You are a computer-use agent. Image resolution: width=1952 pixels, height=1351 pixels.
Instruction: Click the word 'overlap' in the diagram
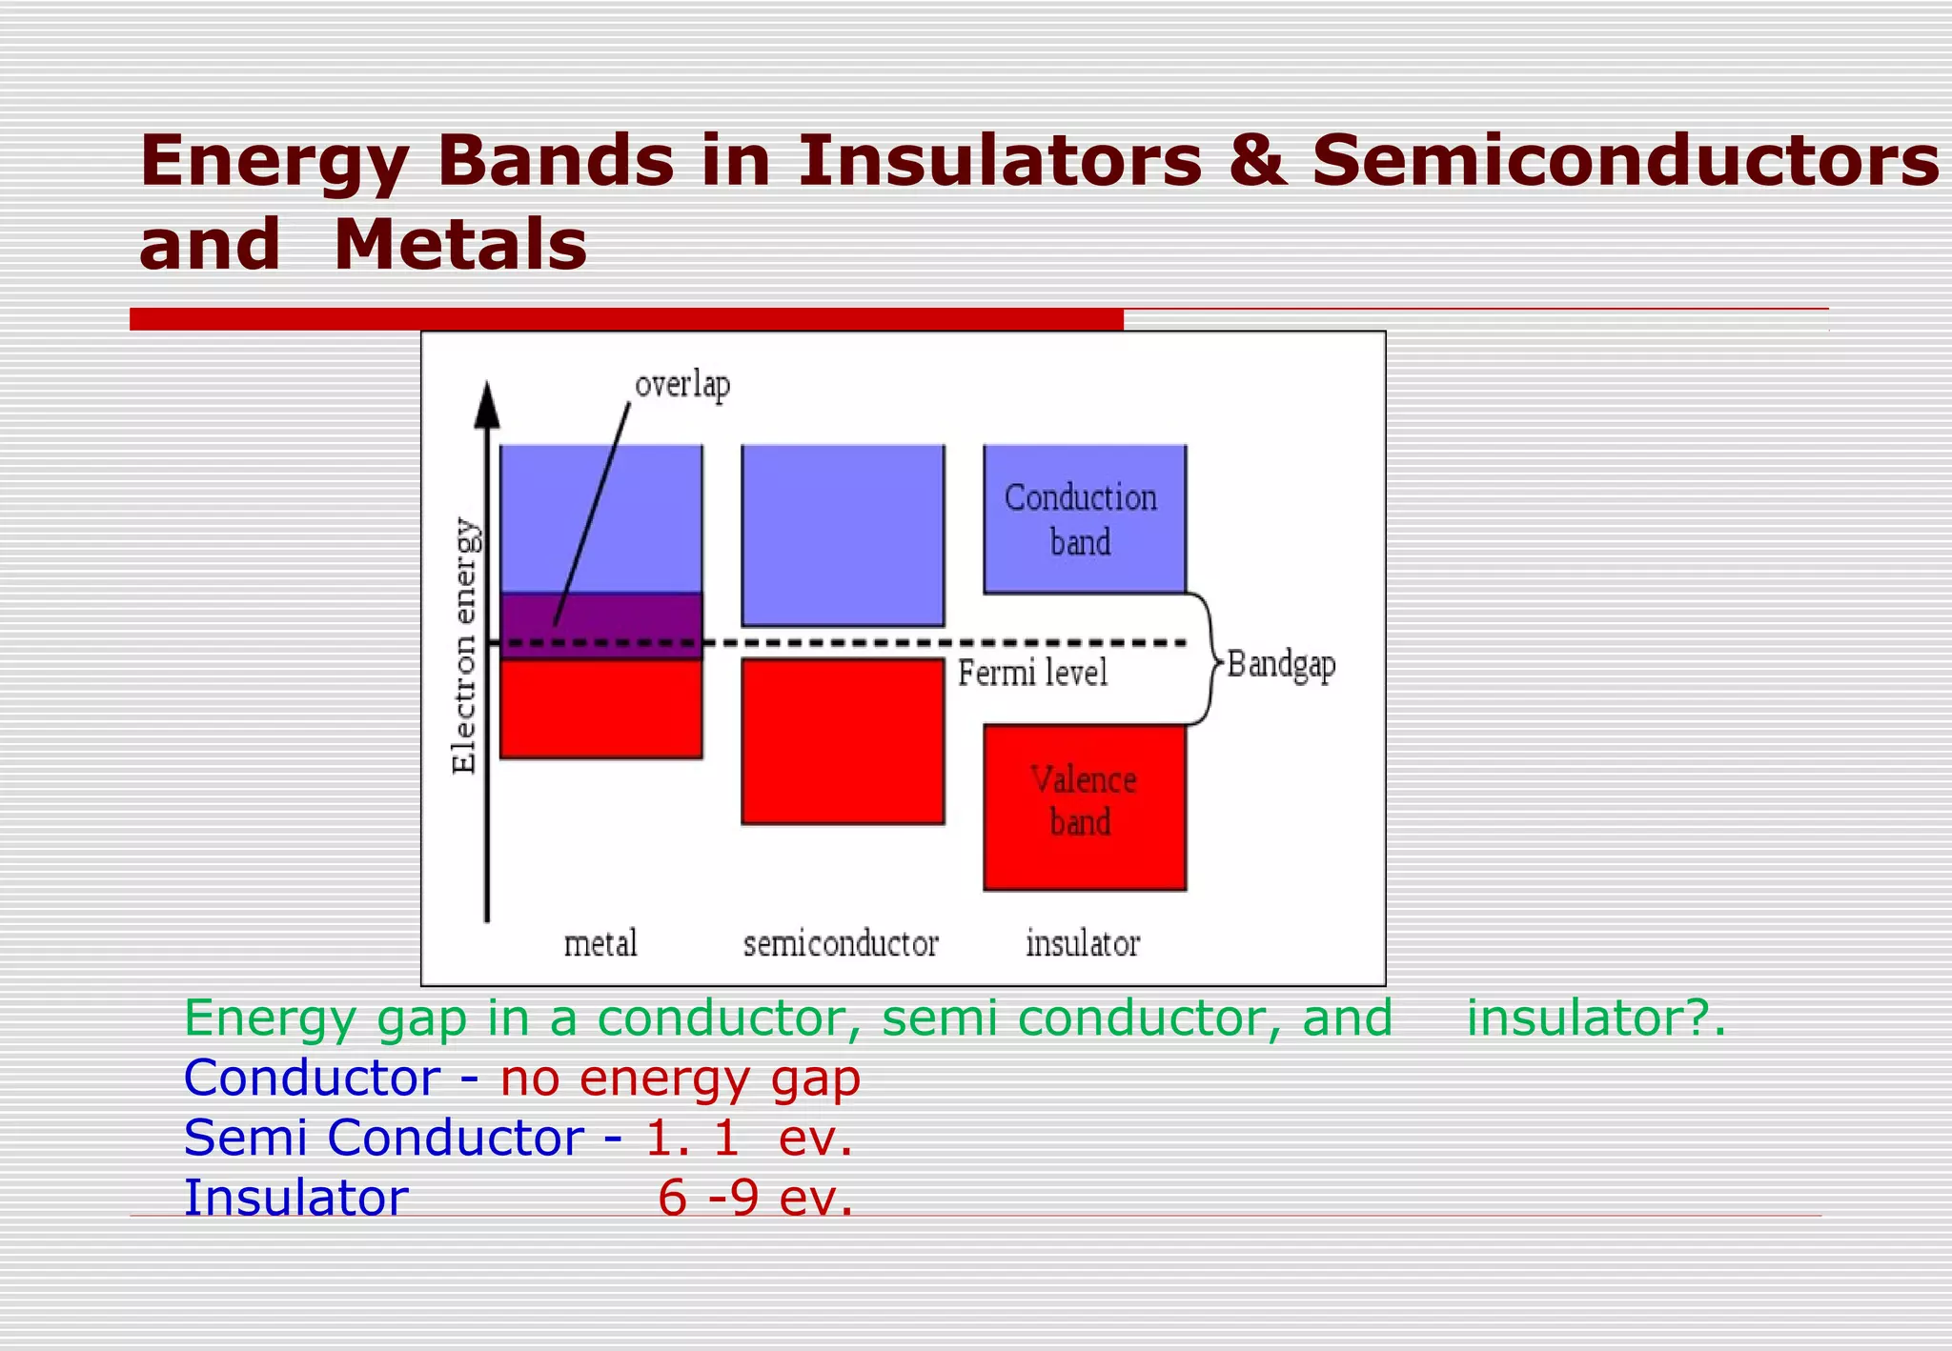pyautogui.click(x=682, y=386)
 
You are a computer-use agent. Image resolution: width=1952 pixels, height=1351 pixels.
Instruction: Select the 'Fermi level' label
pyautogui.click(x=1032, y=674)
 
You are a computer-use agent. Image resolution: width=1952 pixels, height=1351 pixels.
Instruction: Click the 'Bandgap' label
pyautogui.click(x=1281, y=664)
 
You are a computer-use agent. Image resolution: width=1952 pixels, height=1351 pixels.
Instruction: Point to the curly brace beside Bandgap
pyautogui.click(x=1205, y=659)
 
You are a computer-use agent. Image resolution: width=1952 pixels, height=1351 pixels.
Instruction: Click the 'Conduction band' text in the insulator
pyautogui.click(x=1081, y=519)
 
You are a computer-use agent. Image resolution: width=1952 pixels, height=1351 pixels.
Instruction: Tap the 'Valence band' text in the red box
pyautogui.click(x=1083, y=800)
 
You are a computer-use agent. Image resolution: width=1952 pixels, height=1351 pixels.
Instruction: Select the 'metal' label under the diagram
pyautogui.click(x=600, y=944)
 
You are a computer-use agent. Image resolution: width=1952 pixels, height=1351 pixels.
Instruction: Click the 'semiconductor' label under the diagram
pyautogui.click(x=841, y=944)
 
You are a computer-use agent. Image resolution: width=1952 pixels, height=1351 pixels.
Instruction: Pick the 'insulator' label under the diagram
pyautogui.click(x=1083, y=944)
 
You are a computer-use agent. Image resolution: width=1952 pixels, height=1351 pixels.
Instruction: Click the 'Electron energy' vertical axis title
pyautogui.click(x=464, y=646)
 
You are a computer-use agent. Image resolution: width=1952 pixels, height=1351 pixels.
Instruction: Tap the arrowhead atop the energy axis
pyautogui.click(x=487, y=405)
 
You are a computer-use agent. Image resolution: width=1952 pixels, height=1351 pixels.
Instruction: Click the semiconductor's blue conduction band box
pyautogui.click(x=843, y=534)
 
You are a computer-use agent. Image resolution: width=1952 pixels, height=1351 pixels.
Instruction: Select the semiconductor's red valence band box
pyautogui.click(x=843, y=741)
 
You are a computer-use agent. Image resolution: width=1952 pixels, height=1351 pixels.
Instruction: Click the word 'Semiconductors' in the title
pyautogui.click(x=1624, y=160)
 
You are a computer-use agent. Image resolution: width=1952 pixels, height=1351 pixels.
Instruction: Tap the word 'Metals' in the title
pyautogui.click(x=460, y=245)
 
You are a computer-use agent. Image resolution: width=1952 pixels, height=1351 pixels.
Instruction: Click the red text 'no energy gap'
pyautogui.click(x=681, y=1079)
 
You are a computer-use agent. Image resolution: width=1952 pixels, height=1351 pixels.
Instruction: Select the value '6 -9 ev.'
pyautogui.click(x=755, y=1198)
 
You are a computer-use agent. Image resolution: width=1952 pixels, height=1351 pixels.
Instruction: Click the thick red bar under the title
pyautogui.click(x=626, y=319)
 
